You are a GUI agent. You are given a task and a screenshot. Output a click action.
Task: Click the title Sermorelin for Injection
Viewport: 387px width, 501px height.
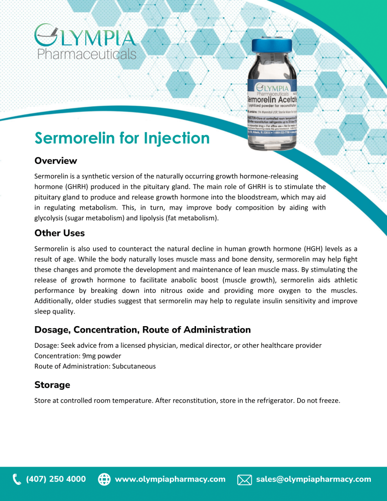[121, 138]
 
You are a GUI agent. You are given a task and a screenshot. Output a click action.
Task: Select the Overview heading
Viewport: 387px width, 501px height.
[55, 161]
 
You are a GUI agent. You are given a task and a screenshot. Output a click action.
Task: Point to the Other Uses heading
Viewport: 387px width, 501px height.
[59, 233]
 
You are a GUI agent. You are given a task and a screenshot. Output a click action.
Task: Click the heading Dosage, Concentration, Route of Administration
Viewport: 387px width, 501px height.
[142, 330]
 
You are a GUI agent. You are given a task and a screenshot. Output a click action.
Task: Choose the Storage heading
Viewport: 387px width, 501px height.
[52, 385]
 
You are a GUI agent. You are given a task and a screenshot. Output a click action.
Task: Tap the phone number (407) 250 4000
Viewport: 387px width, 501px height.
[56, 479]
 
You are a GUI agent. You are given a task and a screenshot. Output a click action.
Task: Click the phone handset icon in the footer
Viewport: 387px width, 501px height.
[17, 479]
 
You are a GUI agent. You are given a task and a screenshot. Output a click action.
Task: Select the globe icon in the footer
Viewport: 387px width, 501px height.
[104, 479]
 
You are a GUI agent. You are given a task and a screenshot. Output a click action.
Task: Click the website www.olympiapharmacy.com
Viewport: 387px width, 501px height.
[170, 479]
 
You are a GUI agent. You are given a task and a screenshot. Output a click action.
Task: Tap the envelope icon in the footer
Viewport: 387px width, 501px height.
[244, 479]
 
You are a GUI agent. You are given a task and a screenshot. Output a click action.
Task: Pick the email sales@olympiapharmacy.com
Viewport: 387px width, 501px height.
[313, 479]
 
